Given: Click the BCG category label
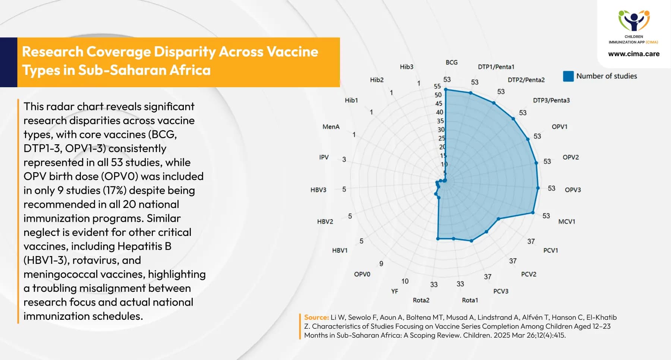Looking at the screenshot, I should pyautogui.click(x=451, y=62).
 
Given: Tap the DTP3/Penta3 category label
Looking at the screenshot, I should pyautogui.click(x=551, y=100).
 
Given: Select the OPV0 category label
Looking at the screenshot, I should pyautogui.click(x=362, y=274).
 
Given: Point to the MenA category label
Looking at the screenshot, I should pyautogui.click(x=331, y=127).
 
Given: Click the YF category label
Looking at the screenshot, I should pyautogui.click(x=394, y=291).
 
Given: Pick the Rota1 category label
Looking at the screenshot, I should pyautogui.click(x=470, y=300).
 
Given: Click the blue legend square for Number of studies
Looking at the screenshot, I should pyautogui.click(x=568, y=76).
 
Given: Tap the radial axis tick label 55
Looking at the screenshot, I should pyautogui.click(x=437, y=86).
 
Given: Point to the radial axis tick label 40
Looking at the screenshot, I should pyautogui.click(x=440, y=112).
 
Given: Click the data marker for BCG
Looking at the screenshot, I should pyautogui.click(x=446, y=89).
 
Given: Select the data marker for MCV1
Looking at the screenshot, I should pyautogui.click(x=533, y=213).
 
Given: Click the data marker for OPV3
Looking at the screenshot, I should pyautogui.click(x=538, y=188).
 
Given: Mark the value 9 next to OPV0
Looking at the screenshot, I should pyautogui.click(x=381, y=264).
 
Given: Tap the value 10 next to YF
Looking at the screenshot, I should pyautogui.click(x=405, y=281).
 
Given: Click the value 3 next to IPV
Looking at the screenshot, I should pyautogui.click(x=344, y=160).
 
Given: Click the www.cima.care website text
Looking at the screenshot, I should pyautogui.click(x=634, y=54).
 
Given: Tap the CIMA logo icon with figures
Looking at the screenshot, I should pyautogui.click(x=634, y=20).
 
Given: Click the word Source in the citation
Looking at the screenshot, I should pyautogui.click(x=316, y=318).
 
